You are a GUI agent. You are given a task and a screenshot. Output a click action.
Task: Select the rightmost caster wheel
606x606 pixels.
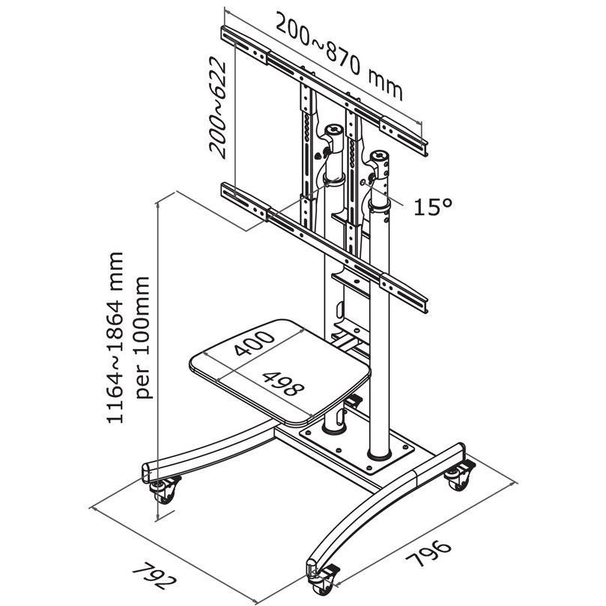(x=458, y=477)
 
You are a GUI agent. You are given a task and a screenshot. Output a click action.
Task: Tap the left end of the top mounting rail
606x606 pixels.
(x=227, y=35)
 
